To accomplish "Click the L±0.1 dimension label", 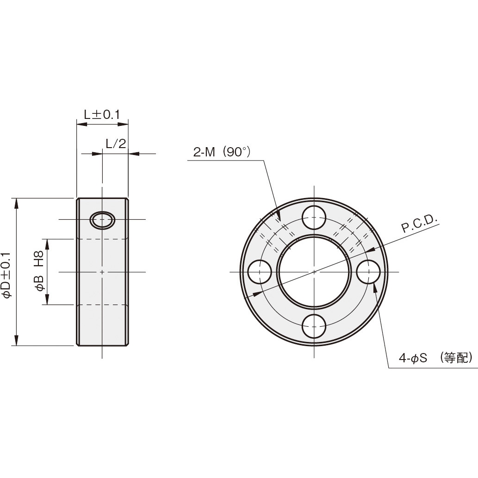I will (102, 114).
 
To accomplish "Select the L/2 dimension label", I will (115, 144).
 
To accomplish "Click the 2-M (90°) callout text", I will (222, 152).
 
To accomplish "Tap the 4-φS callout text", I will (415, 358).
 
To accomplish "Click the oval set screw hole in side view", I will (102, 220).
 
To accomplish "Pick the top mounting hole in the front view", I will (314, 217).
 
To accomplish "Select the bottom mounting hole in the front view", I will (314, 326).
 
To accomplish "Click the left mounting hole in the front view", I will (260, 272).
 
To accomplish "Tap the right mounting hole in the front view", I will (368, 272).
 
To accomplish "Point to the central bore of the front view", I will (314, 272).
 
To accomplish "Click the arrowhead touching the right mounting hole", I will (374, 287).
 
